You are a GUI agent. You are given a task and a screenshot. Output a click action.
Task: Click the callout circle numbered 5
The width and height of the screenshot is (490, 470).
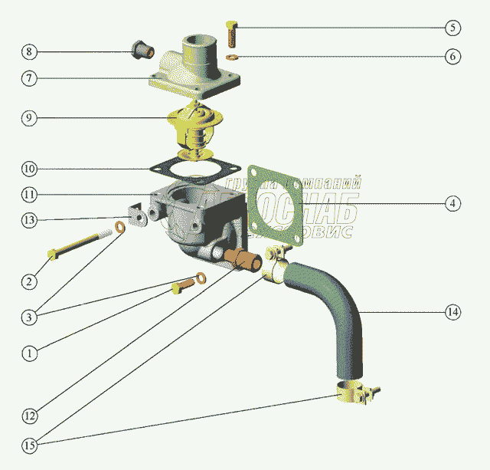452,28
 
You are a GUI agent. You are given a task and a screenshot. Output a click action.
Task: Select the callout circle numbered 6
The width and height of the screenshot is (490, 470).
452,57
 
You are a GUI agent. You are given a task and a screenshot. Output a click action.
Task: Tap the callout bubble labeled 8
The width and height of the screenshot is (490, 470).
29,52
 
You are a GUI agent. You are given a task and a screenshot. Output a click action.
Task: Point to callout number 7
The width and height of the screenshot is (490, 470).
29,77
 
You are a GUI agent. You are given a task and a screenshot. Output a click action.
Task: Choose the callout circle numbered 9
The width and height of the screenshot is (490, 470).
29,118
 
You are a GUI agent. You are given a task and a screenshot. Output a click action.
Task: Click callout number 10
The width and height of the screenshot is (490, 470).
29,168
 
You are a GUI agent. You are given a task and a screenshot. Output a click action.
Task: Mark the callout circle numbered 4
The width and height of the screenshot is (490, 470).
452,203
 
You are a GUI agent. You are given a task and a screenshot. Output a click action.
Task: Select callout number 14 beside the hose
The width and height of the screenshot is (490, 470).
452,312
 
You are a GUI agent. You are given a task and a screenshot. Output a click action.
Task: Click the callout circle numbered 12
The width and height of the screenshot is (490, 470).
29,416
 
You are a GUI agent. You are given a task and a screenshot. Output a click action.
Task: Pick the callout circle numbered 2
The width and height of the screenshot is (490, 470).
29,281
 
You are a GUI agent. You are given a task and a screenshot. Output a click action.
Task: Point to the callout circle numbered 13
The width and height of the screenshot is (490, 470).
29,219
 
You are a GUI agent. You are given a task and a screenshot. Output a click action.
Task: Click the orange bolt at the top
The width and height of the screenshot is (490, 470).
234,35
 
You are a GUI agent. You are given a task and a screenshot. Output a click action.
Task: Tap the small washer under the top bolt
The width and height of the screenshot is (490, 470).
234,57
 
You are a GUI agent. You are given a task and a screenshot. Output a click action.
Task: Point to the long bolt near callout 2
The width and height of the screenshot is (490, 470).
80,244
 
